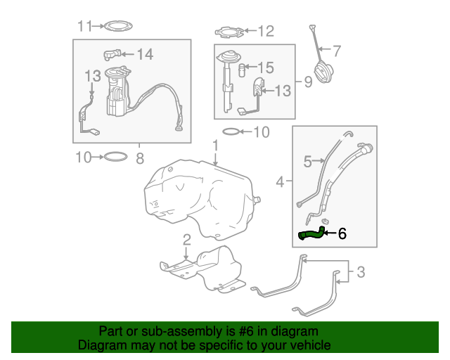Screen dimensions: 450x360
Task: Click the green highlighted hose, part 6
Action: [x=311, y=234]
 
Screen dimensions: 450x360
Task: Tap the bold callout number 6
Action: [x=342, y=233]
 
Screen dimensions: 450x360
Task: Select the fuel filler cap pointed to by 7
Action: [x=323, y=72]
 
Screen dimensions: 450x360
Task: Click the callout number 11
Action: [x=85, y=26]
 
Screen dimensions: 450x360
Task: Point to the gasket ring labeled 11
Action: [x=118, y=27]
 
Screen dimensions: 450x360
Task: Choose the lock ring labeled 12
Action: [x=230, y=32]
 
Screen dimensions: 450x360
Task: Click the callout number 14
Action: [x=145, y=54]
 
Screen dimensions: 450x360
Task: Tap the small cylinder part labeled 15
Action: [x=242, y=70]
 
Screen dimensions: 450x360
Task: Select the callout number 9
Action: [x=308, y=82]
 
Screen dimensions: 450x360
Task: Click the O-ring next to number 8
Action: [x=115, y=157]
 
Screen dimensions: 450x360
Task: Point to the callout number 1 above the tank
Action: [x=216, y=146]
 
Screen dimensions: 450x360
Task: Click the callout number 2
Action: [x=187, y=240]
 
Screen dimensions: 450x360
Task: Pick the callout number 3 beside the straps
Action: [x=361, y=272]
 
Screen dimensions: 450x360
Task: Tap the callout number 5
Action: [x=307, y=161]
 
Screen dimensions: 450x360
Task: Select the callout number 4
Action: [x=280, y=181]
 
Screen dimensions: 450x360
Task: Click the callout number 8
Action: [x=140, y=158]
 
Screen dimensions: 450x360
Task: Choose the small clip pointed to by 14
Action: [x=112, y=54]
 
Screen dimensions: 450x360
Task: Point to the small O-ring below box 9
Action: [x=231, y=131]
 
